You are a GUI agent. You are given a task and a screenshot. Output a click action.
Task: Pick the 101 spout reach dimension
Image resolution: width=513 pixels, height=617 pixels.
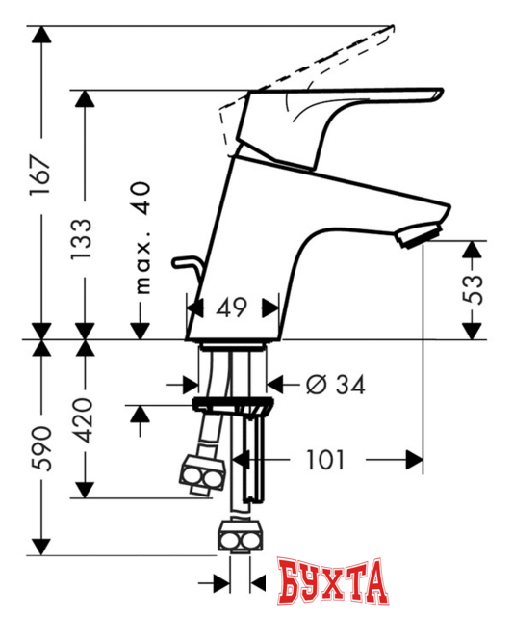point(325,459)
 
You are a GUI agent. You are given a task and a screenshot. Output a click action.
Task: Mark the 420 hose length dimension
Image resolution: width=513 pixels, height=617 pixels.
point(85,420)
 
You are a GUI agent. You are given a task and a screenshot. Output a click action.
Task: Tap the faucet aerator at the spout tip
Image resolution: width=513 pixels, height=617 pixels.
point(422,234)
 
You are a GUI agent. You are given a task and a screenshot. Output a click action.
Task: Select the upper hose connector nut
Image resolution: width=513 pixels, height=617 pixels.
point(203,475)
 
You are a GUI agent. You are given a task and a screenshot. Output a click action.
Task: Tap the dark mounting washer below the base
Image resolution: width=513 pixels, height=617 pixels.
point(230,404)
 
